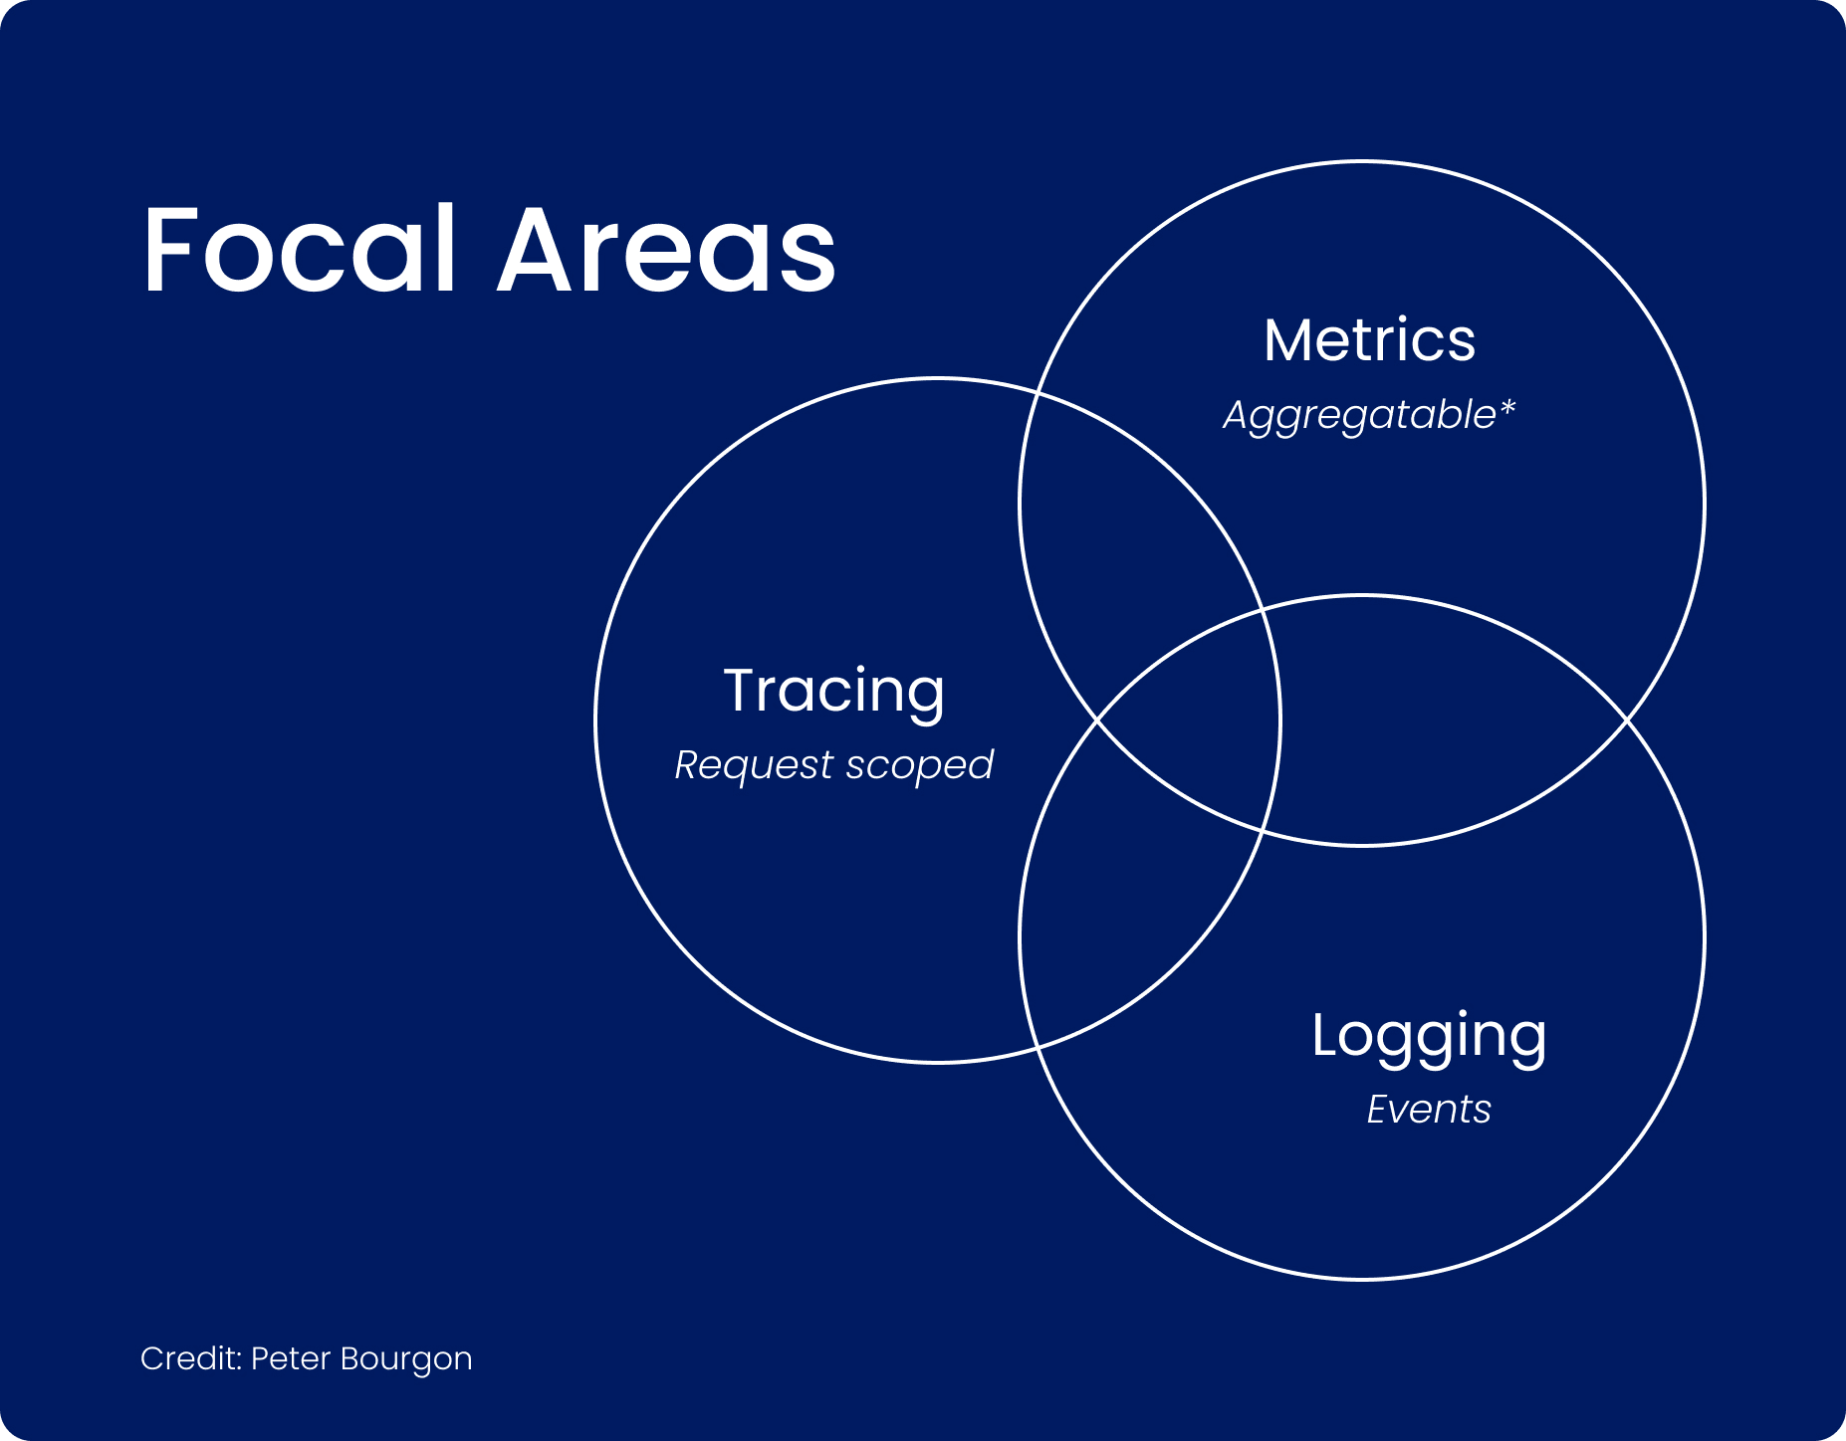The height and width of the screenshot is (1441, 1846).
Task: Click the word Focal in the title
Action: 300,249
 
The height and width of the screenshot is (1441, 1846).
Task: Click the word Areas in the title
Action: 666,249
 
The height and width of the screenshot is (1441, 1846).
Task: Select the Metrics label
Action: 1369,340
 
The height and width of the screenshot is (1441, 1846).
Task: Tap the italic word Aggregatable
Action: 1359,415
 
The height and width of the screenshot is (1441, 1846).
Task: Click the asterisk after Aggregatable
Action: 1506,407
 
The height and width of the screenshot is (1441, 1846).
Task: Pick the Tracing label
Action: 834,693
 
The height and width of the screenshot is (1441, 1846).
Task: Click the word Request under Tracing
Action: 754,766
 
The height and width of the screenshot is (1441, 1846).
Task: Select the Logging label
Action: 1429,1038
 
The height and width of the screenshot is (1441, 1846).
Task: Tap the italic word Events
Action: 1429,1110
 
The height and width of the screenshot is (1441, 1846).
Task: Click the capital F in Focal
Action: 172,249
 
